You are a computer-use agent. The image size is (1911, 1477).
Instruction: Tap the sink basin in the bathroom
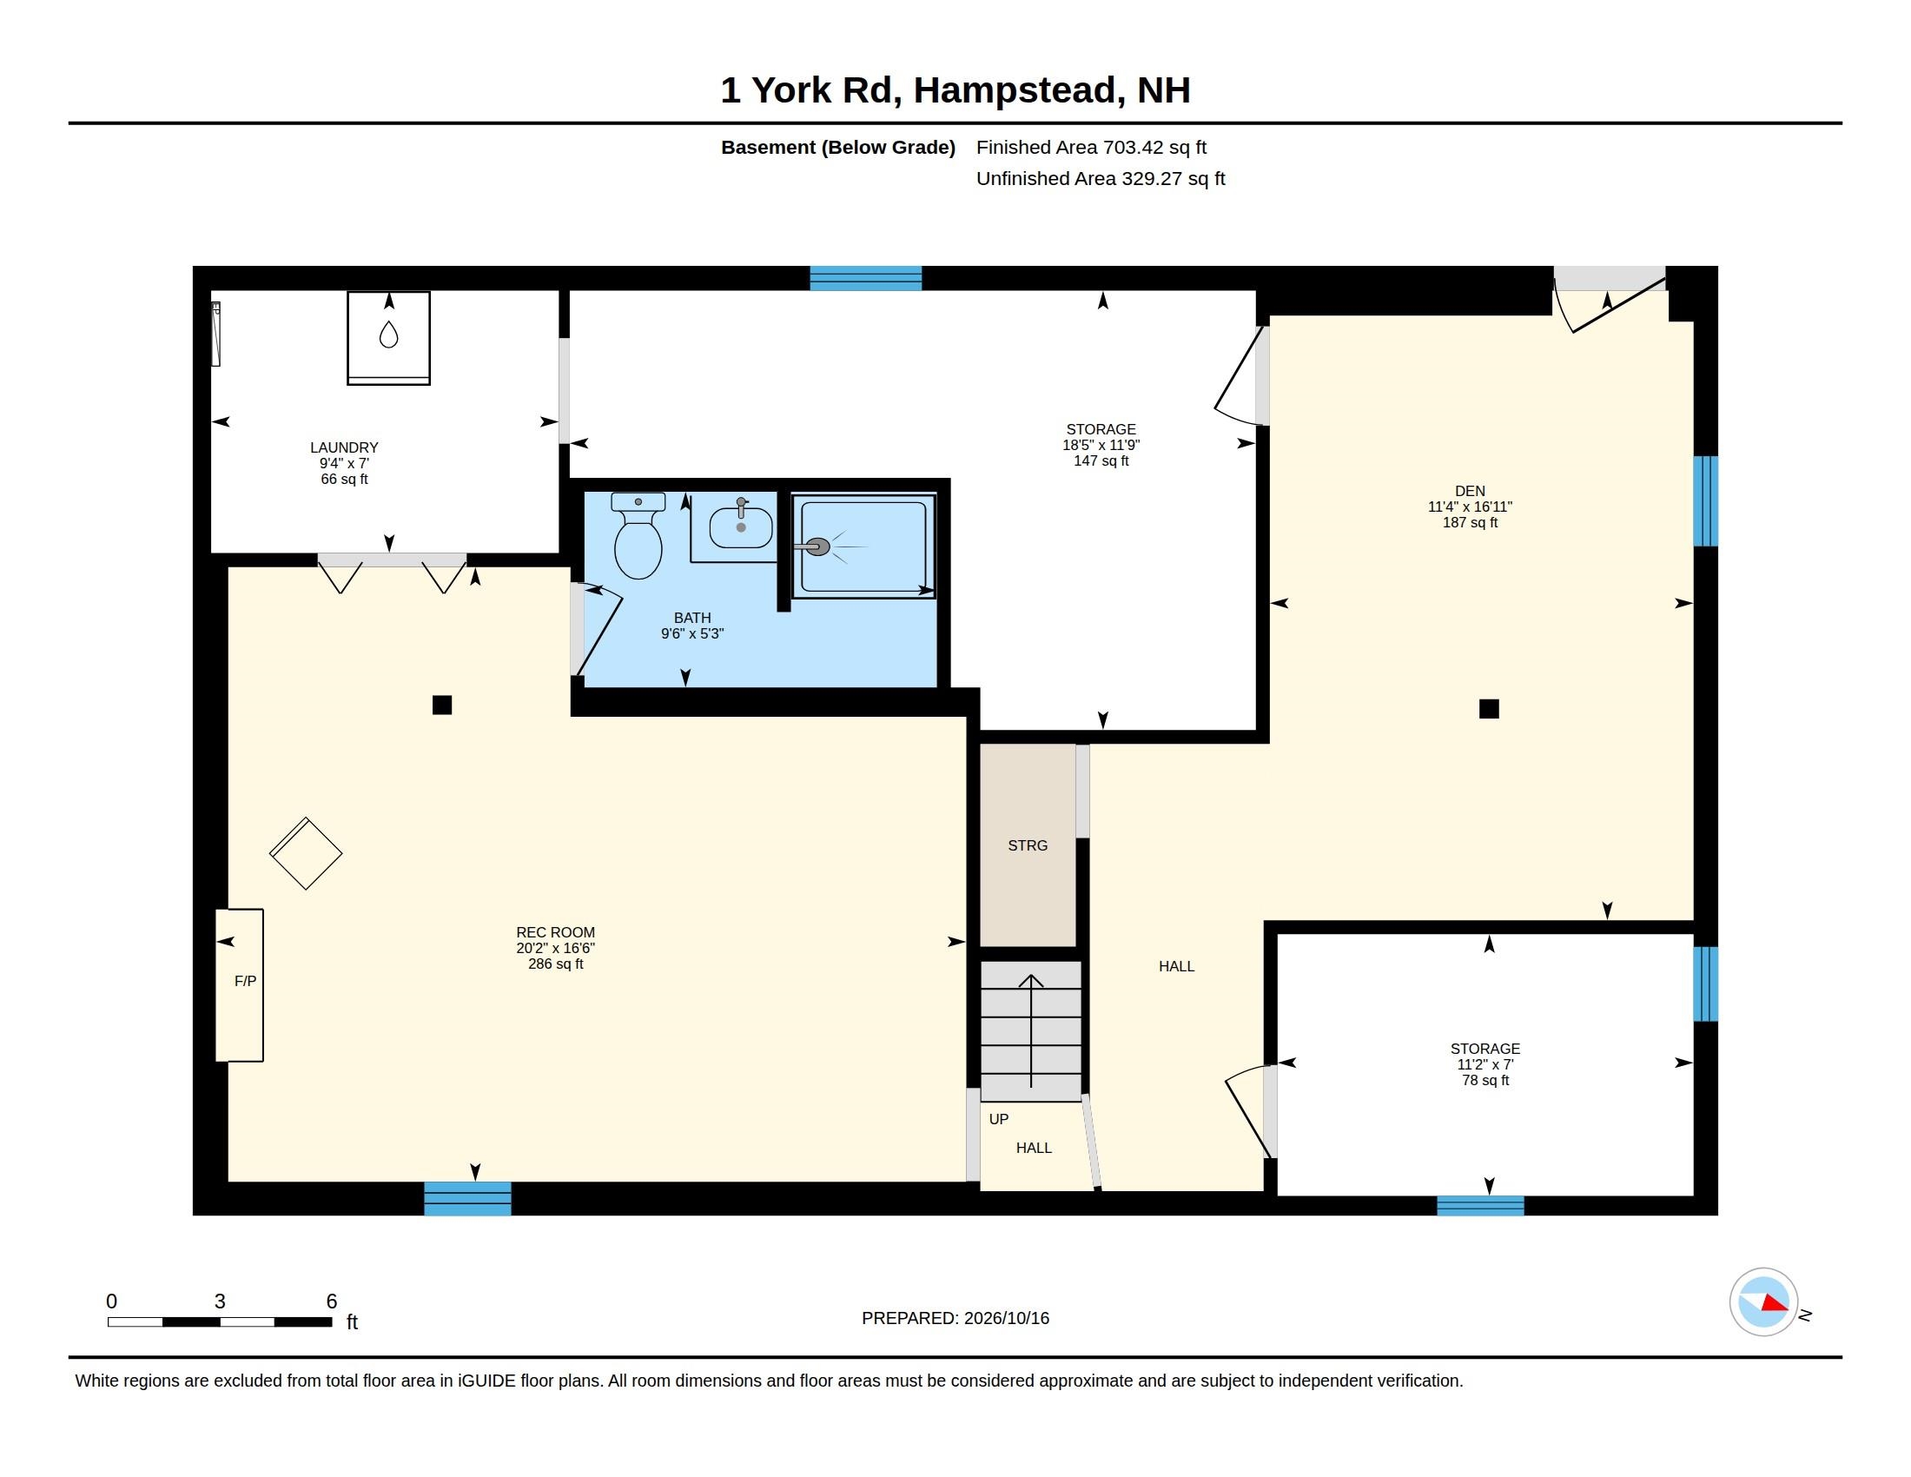[x=740, y=527]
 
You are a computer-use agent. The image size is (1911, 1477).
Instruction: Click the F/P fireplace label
[x=245, y=982]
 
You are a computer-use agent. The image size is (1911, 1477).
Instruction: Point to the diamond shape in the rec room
[x=306, y=854]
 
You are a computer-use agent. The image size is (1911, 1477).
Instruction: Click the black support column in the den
[x=1488, y=709]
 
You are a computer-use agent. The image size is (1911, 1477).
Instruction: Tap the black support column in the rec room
[x=442, y=705]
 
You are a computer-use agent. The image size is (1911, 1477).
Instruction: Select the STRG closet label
[x=1028, y=845]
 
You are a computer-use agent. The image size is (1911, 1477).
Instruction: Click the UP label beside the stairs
[x=998, y=1119]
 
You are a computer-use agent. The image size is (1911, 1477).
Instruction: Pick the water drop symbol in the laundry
[x=388, y=334]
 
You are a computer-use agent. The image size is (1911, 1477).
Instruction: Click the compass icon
[x=1763, y=1302]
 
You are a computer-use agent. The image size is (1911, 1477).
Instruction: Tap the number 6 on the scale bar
[x=332, y=1301]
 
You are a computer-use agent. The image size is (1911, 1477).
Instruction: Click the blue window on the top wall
[x=865, y=278]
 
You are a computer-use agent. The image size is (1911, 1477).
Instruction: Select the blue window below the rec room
[x=467, y=1199]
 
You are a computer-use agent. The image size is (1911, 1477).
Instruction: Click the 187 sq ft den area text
[x=1470, y=522]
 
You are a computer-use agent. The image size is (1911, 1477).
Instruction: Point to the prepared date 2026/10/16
[x=1006, y=1318]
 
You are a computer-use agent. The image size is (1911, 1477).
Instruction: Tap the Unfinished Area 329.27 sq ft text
[x=1100, y=178]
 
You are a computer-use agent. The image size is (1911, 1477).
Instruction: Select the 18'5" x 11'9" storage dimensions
[x=1101, y=445]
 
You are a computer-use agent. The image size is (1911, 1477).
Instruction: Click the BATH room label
[x=692, y=618]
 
